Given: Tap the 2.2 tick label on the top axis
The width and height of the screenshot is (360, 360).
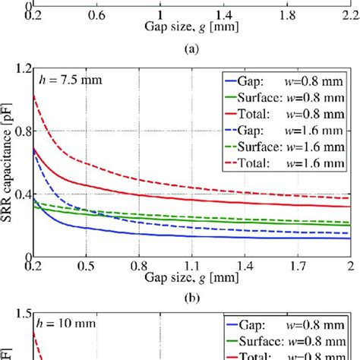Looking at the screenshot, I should click(350, 14).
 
